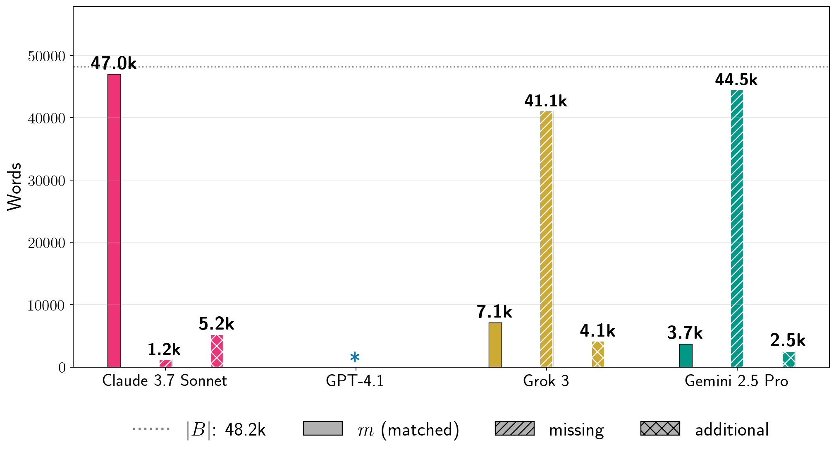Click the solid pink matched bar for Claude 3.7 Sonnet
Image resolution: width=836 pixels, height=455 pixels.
(x=114, y=220)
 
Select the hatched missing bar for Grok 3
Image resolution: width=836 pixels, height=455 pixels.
(x=546, y=239)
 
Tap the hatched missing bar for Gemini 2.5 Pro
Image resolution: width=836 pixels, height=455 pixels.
(x=737, y=229)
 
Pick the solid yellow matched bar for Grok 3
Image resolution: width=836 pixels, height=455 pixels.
(x=495, y=344)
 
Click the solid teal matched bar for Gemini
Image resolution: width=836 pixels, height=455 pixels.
(x=686, y=355)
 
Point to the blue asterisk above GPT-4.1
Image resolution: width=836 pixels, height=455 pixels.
(x=355, y=357)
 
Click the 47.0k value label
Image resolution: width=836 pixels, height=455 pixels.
(x=114, y=63)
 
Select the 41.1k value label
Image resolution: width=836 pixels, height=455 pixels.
(x=546, y=101)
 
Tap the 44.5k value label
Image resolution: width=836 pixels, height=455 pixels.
(x=736, y=80)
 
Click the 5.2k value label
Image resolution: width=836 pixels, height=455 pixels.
(x=216, y=324)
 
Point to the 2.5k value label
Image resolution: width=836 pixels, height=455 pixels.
(x=788, y=340)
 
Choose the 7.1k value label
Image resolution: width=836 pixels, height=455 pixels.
(x=494, y=312)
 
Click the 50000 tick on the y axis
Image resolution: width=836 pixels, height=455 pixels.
(x=46, y=56)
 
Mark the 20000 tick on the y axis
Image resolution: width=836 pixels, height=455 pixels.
(x=46, y=243)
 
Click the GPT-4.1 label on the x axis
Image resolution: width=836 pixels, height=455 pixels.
(x=355, y=381)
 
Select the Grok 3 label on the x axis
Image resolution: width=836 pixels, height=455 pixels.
(x=546, y=381)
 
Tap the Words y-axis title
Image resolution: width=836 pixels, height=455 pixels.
(x=14, y=187)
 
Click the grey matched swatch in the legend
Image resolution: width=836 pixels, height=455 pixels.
(x=322, y=429)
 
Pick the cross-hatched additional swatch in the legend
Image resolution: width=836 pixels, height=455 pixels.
(x=660, y=429)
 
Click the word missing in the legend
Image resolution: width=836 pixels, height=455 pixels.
(x=576, y=430)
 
